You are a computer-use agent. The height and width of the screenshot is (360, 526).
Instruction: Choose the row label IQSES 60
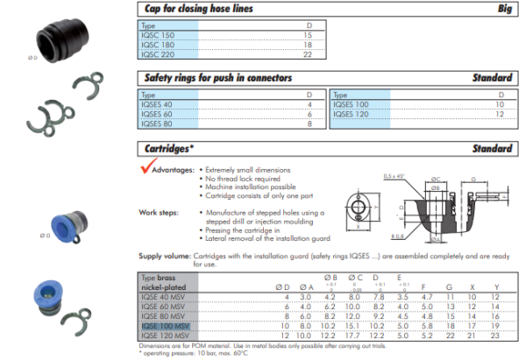(157, 114)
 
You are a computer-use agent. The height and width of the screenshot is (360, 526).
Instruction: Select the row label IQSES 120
(350, 114)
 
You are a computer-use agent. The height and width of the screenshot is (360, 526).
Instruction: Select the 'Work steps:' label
(160, 212)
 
